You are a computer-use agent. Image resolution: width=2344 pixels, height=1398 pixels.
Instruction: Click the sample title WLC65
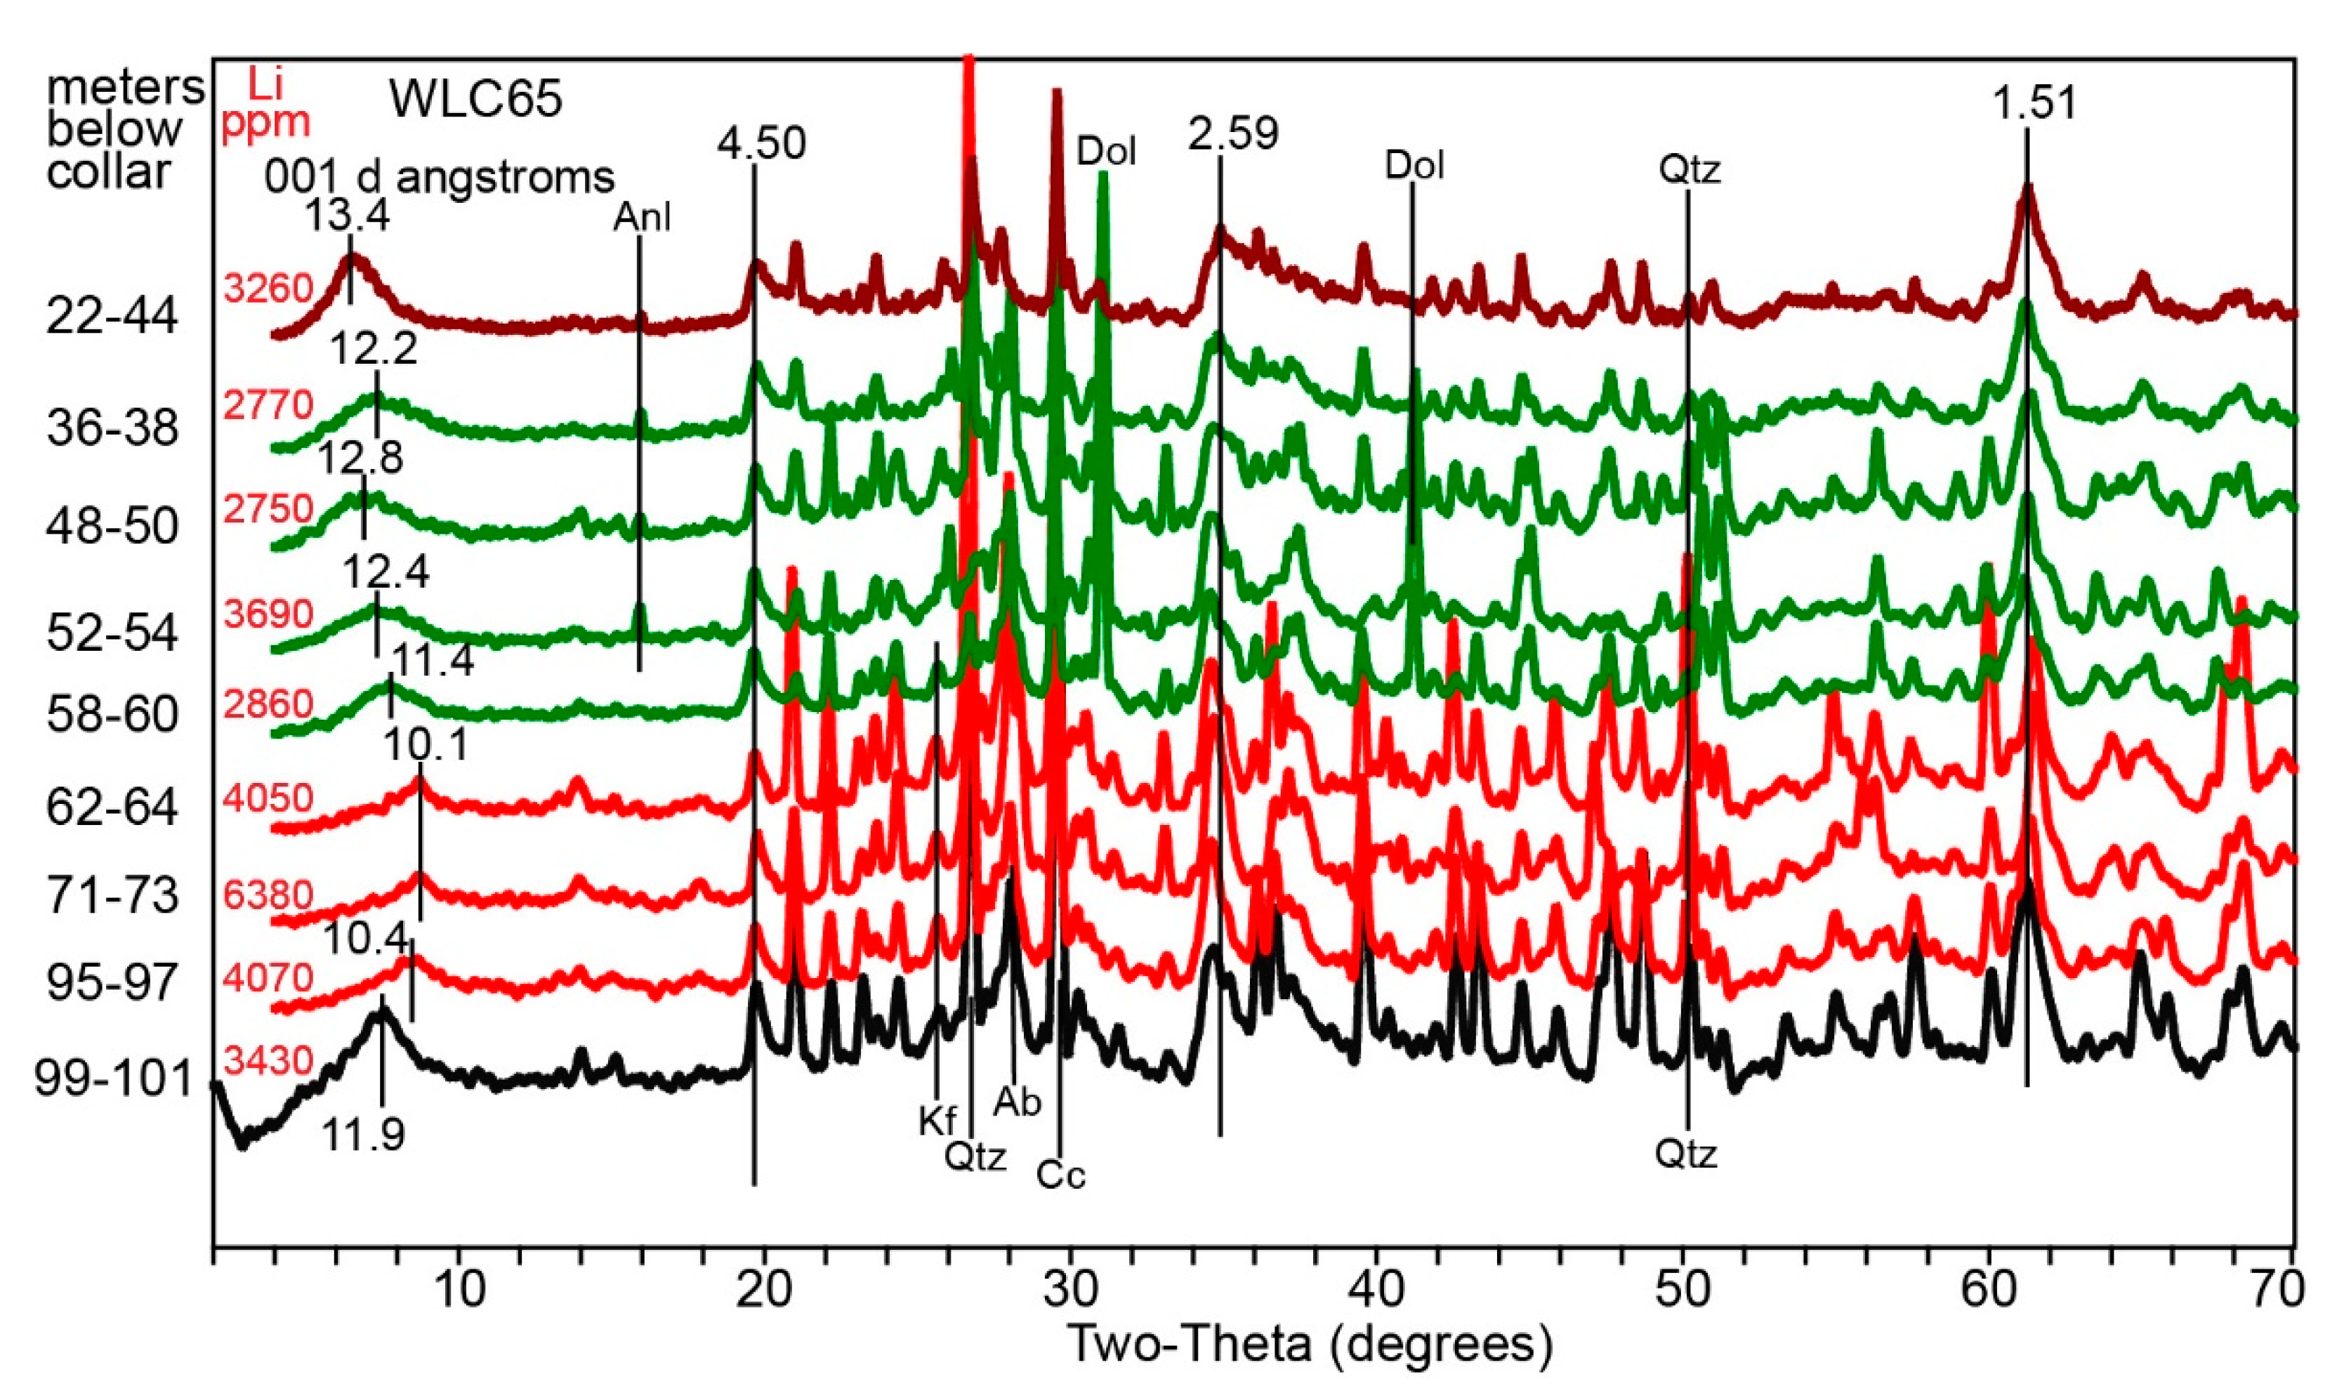click(x=476, y=98)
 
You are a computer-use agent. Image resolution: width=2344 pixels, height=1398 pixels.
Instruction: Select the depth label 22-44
click(x=111, y=317)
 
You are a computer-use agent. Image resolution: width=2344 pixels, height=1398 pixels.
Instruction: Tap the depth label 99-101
click(x=114, y=1078)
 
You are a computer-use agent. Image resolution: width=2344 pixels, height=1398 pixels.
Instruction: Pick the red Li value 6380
click(x=268, y=894)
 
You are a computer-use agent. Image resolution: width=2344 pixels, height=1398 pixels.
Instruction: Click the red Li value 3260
click(x=268, y=287)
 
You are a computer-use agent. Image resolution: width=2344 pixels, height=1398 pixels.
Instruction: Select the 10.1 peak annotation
click(x=425, y=747)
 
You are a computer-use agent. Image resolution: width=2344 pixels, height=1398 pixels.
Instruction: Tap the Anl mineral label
click(x=642, y=218)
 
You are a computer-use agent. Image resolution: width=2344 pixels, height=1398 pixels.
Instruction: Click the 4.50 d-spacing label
click(x=761, y=144)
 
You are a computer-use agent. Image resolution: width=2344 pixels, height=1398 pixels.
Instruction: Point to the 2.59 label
click(x=1232, y=134)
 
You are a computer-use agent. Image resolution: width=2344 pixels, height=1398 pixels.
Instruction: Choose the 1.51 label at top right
click(x=2034, y=103)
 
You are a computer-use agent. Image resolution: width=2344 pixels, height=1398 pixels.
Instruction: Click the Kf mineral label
click(x=937, y=1121)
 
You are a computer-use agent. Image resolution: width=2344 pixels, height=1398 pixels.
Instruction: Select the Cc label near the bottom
click(x=1061, y=1175)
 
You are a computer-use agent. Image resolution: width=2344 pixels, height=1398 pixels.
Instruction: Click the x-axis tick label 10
click(x=459, y=1291)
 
